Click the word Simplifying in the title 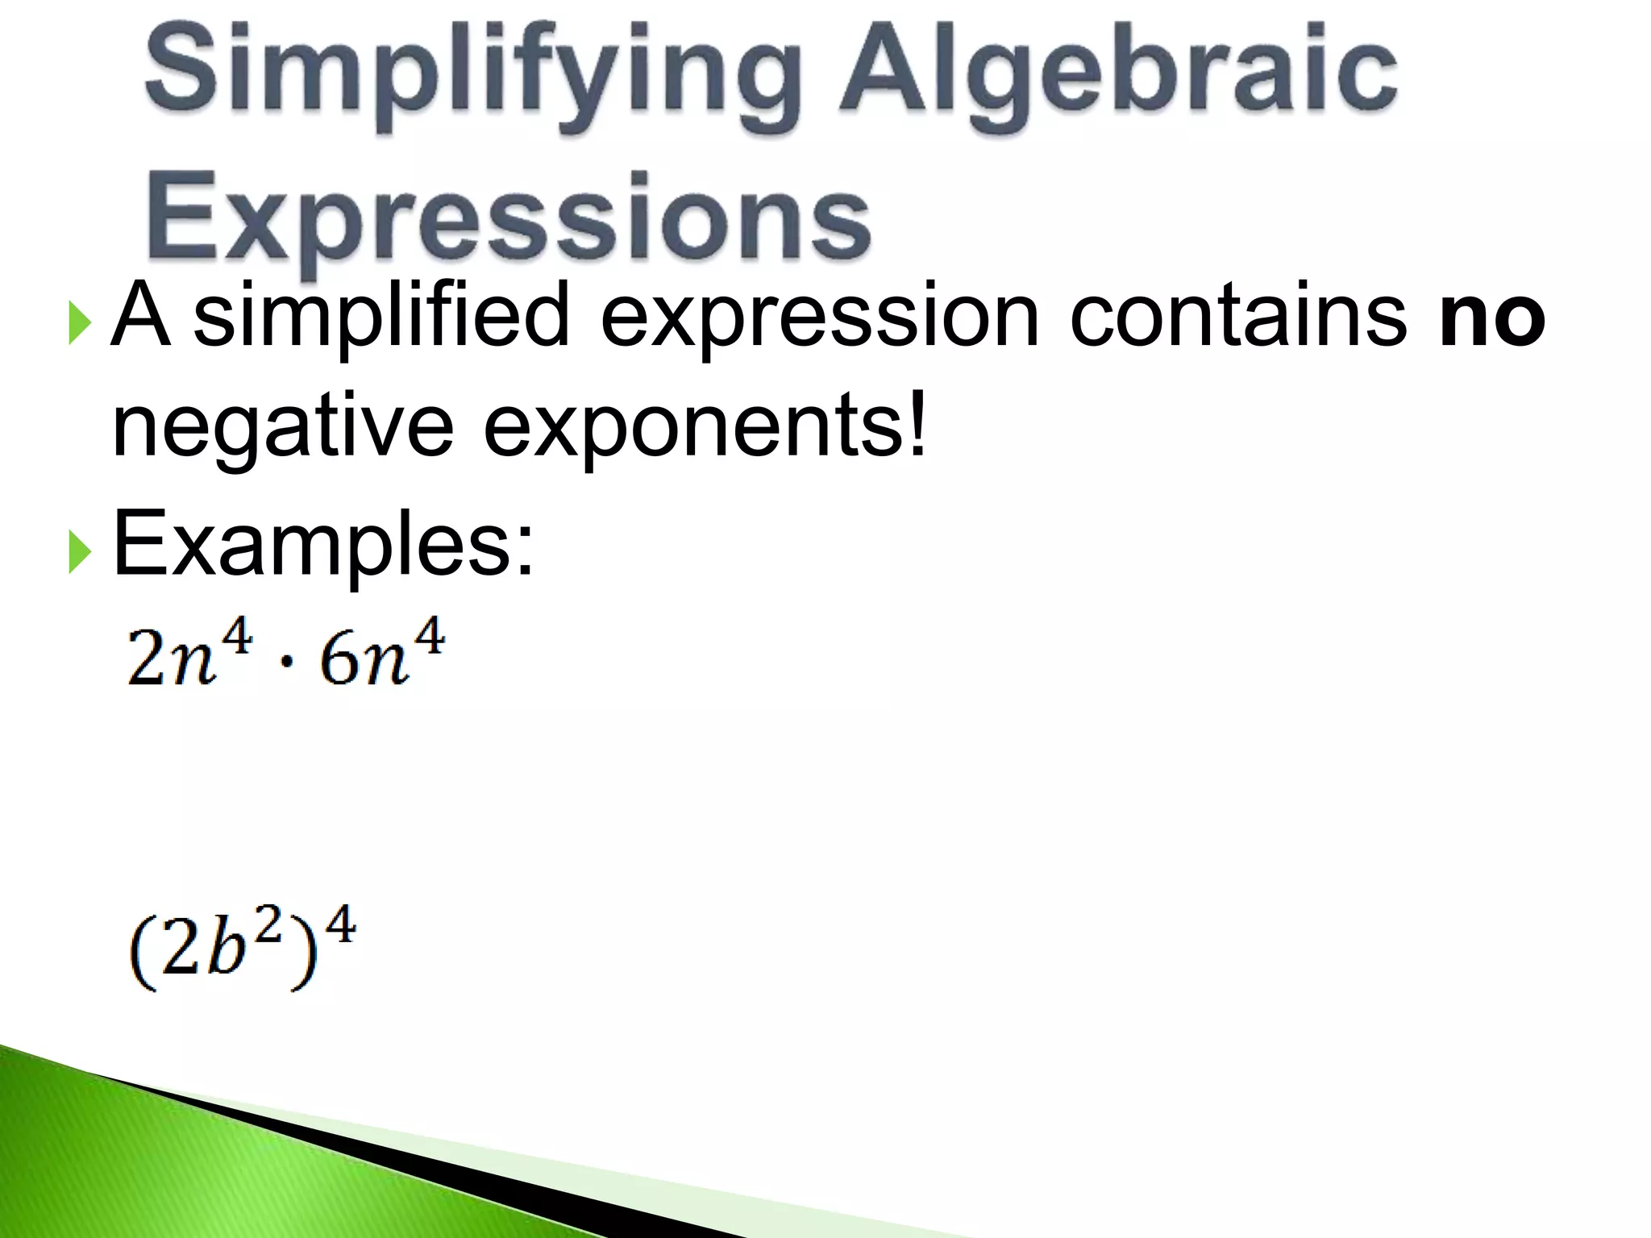click(x=472, y=77)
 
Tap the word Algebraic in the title click(x=1118, y=77)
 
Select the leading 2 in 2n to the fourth click(x=145, y=658)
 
